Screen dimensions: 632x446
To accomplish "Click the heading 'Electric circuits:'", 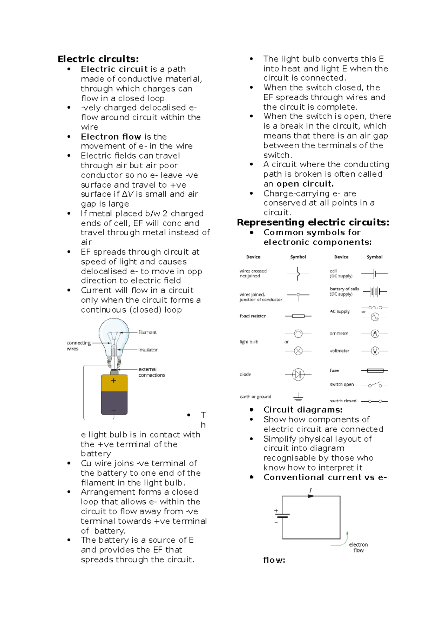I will click(98, 59).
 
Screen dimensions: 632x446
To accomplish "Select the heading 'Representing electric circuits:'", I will click(313, 222).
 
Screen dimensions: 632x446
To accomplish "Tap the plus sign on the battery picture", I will click(114, 380).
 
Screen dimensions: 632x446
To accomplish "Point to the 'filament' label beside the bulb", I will click(148, 332).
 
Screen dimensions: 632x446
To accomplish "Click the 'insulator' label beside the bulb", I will click(148, 350).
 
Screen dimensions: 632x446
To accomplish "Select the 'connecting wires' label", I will click(78, 345).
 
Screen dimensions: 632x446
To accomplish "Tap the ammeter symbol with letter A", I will click(375, 333).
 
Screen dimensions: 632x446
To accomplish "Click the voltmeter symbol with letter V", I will click(375, 351).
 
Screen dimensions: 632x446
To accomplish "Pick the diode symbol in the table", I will click(298, 374).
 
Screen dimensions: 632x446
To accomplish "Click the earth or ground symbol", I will click(298, 398).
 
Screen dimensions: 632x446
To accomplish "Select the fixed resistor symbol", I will click(298, 316).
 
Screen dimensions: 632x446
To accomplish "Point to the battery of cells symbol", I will click(375, 291).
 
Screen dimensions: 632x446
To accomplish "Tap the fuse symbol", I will click(375, 370).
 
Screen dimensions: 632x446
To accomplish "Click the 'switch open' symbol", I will click(375, 384).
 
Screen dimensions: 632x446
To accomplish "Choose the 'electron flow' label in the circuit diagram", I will click(358, 547).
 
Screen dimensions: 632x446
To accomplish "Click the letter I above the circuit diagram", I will click(311, 491).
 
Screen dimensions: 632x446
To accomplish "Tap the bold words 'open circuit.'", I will click(305, 184).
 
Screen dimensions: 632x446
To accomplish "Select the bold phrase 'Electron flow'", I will click(111, 137).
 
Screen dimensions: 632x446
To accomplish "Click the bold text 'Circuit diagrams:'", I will click(303, 410).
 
